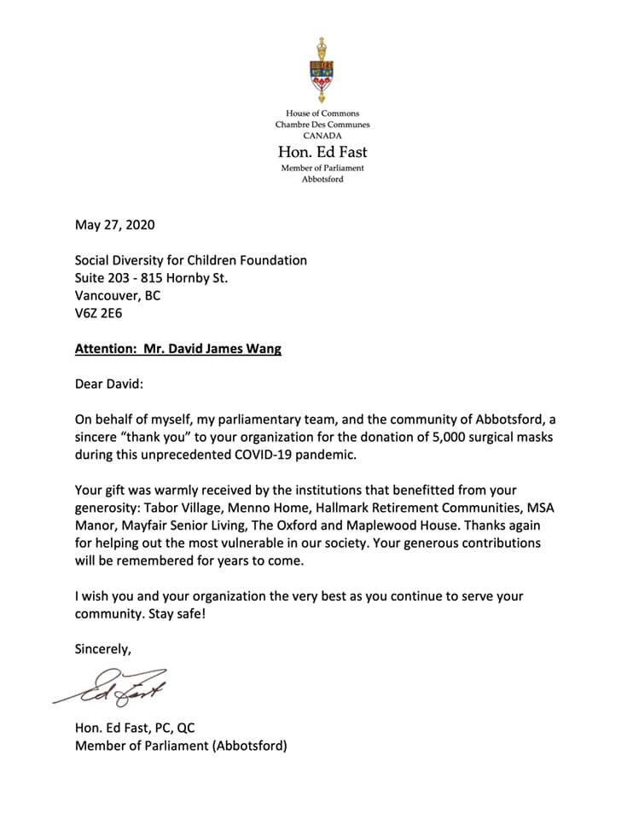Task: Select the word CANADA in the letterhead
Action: [x=322, y=135]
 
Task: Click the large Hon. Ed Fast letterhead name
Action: [x=322, y=152]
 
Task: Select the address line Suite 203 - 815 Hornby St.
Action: [x=152, y=278]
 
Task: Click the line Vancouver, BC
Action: [x=118, y=295]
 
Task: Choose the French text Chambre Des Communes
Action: [x=322, y=125]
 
